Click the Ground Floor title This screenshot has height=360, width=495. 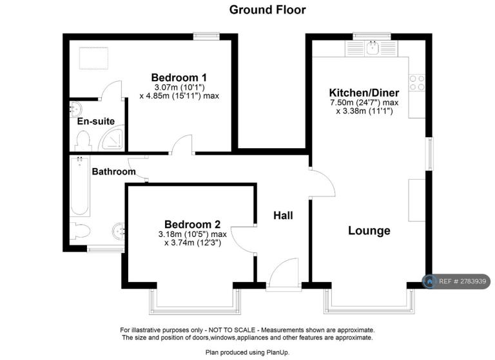click(267, 10)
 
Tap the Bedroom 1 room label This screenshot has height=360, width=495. click(179, 77)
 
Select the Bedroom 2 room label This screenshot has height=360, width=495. click(192, 224)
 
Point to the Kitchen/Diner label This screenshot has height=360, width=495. click(364, 93)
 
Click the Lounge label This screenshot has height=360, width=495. click(369, 231)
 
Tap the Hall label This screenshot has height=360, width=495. click(283, 216)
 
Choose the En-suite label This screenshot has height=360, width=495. click(96, 121)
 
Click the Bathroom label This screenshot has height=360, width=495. click(113, 172)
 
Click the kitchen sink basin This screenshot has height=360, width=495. click(373, 48)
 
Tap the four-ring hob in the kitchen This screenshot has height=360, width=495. click(417, 82)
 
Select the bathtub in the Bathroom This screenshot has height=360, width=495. click(79, 185)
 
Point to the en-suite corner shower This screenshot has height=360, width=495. click(112, 138)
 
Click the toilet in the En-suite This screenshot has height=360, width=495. click(83, 141)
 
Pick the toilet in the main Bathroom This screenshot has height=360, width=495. click(80, 231)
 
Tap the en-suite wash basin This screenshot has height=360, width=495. click(75, 109)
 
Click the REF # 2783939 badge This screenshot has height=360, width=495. click(456, 281)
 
